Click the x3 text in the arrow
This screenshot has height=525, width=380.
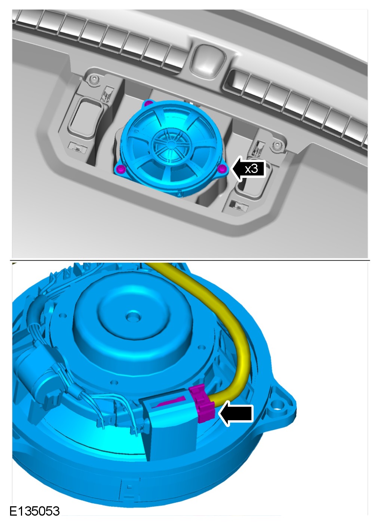tap(251, 169)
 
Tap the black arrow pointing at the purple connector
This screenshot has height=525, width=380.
tap(236, 413)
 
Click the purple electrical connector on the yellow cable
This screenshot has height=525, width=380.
tap(202, 403)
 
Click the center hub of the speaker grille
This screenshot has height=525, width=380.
tap(171, 143)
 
